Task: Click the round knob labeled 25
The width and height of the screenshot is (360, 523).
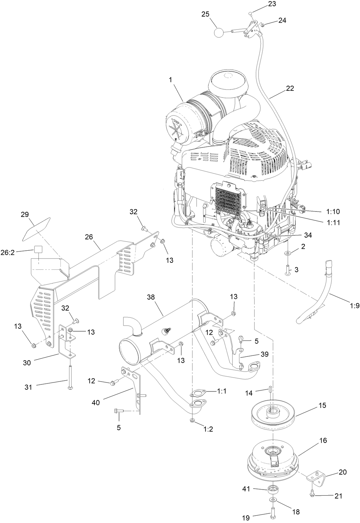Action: point(219,32)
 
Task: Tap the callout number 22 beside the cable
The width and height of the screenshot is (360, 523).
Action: point(290,89)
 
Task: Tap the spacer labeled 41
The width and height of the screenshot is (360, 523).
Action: point(273,489)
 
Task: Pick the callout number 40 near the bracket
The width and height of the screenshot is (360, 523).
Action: point(95,403)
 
